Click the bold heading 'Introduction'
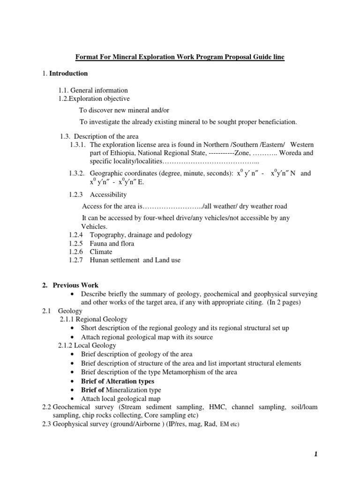pos(68,74)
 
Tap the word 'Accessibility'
pos(108,195)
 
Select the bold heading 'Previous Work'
pos(75,285)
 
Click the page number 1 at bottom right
pos(316,454)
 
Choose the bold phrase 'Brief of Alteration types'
pos(117,382)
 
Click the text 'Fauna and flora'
pos(112,244)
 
